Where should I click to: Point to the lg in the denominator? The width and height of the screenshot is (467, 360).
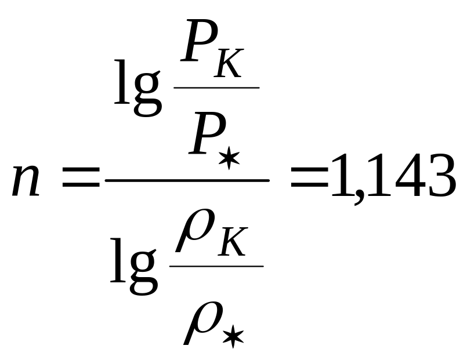pyautogui.click(x=133, y=267)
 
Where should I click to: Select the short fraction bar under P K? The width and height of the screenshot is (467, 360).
pyautogui.click(x=216, y=88)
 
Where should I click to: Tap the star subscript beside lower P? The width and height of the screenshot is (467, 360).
pyautogui.click(x=233, y=158)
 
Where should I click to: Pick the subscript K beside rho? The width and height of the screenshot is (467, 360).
pyautogui.click(x=234, y=245)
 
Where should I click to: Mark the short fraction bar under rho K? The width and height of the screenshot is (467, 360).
pyautogui.click(x=216, y=267)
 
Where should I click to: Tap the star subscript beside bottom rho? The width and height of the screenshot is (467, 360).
pyautogui.click(x=233, y=337)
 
